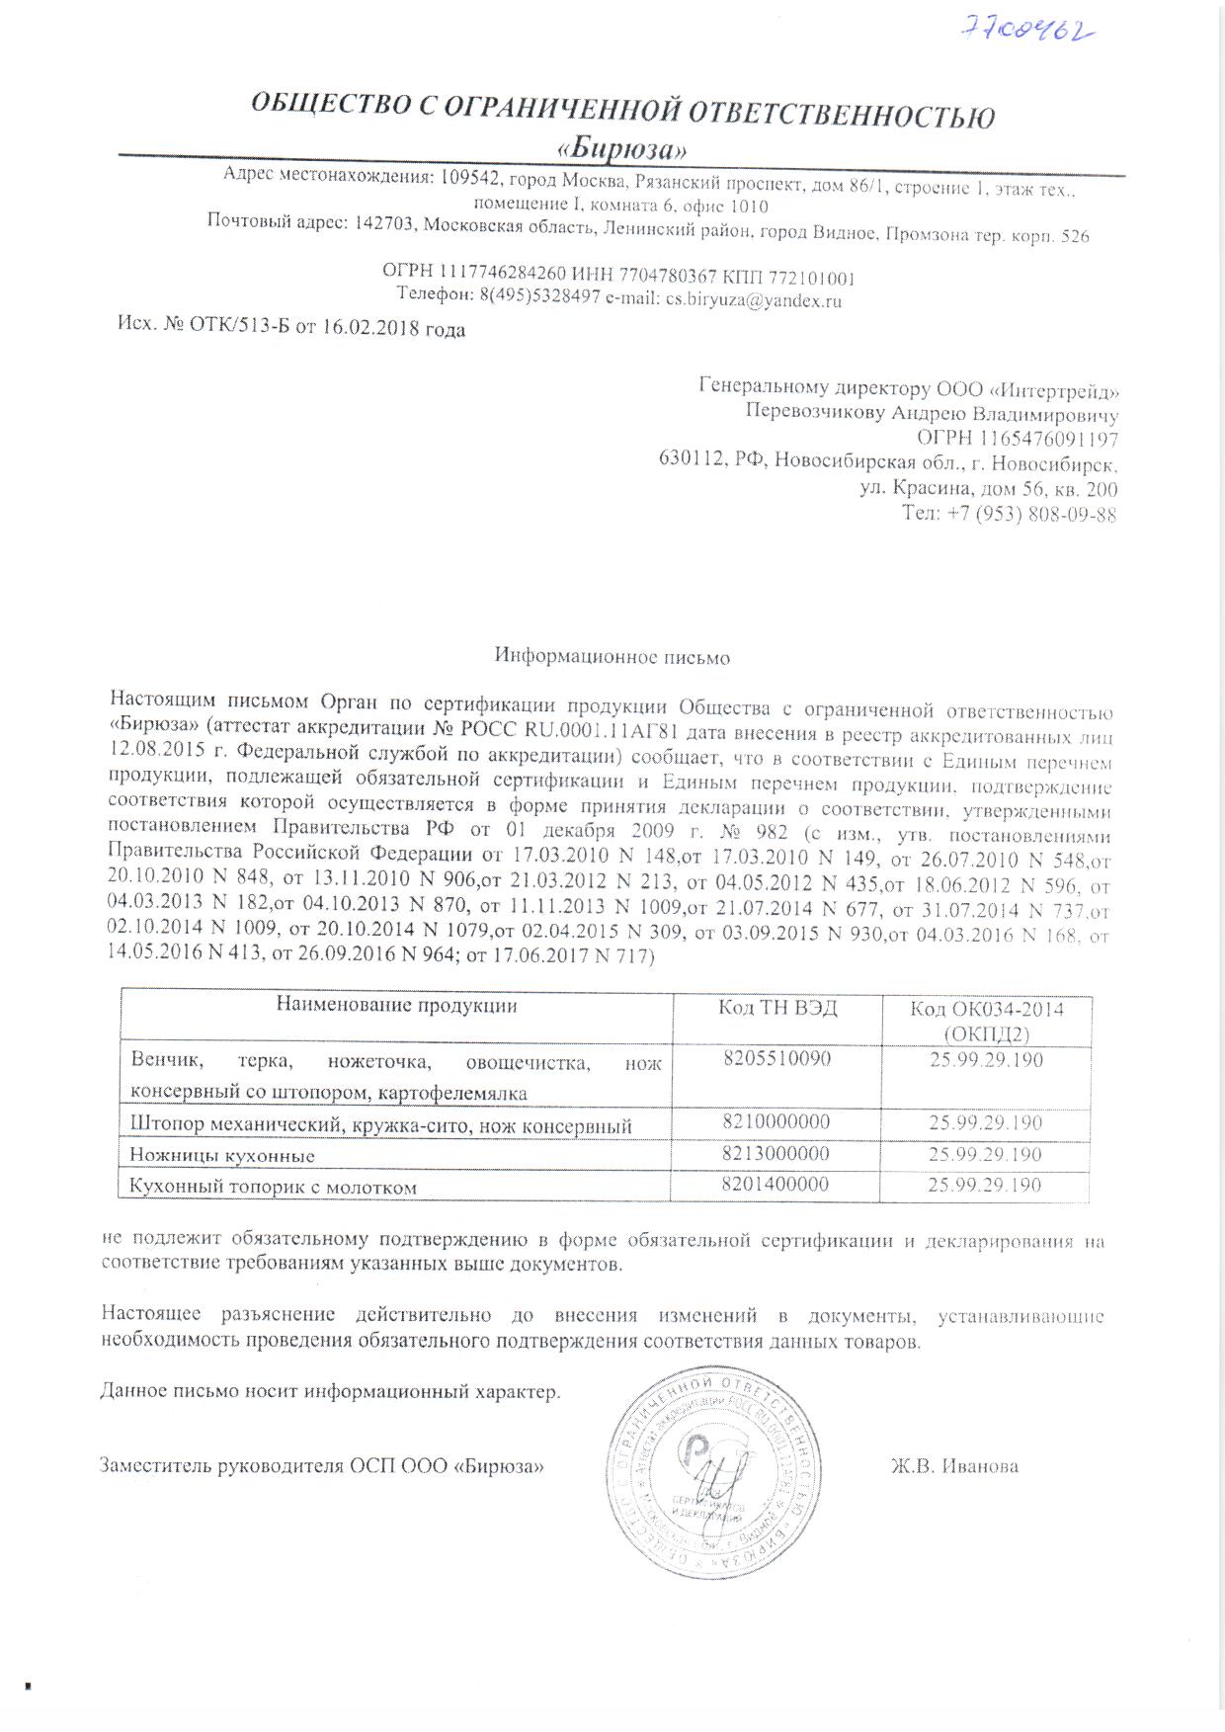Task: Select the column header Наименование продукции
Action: click(396, 1007)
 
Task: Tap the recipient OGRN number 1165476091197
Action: click(1049, 438)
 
